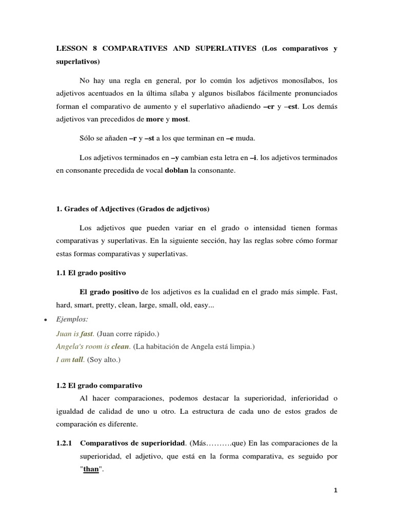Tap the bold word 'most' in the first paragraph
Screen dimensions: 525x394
[181, 119]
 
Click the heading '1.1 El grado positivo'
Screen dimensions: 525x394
[91, 273]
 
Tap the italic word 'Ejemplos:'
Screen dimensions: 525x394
[72, 319]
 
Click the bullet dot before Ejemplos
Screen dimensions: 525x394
[46, 319]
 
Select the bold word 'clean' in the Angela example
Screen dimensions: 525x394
[121, 347]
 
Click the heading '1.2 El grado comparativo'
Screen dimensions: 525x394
[99, 386]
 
